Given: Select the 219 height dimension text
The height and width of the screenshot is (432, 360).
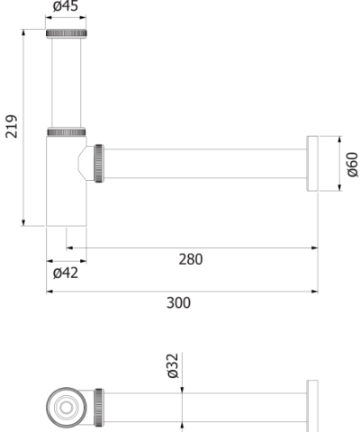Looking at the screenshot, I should click(12, 127).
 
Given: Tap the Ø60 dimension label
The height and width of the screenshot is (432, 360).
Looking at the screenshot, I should click(351, 164).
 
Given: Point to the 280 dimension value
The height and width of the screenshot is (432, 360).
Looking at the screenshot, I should click(190, 259).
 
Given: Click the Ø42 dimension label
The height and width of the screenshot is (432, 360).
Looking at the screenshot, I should click(66, 273).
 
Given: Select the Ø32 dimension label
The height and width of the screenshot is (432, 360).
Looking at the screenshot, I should click(173, 367).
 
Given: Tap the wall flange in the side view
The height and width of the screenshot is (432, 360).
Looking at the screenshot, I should click(313, 164).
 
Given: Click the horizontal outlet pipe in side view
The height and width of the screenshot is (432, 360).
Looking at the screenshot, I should click(207, 164).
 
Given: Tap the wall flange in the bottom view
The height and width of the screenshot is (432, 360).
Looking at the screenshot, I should click(312, 406).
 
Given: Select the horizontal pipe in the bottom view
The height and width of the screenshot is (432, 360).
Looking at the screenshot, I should click(207, 407).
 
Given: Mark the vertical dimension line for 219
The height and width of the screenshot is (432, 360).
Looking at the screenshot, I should click(22, 127).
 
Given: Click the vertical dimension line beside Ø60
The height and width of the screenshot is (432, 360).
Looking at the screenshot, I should click(340, 164).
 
